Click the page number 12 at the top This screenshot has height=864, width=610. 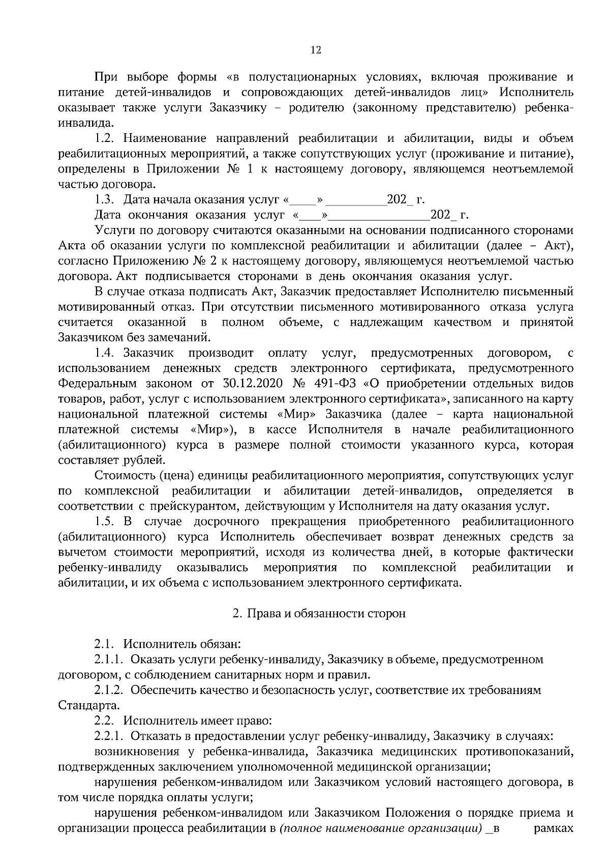pyautogui.click(x=315, y=49)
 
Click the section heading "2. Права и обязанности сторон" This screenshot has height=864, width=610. pyautogui.click(x=319, y=614)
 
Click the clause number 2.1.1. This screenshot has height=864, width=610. pyautogui.click(x=109, y=660)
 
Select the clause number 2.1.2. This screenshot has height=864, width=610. pyautogui.click(x=109, y=690)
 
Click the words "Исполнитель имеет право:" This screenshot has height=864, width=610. pyautogui.click(x=198, y=721)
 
